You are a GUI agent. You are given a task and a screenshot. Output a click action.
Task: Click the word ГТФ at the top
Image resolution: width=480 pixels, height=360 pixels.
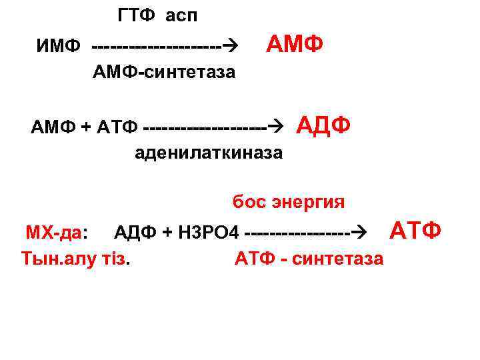coord(137,15)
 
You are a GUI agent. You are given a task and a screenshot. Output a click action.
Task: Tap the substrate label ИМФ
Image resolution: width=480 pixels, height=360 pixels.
coord(59,47)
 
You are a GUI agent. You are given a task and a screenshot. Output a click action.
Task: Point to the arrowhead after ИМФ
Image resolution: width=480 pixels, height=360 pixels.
coord(231,46)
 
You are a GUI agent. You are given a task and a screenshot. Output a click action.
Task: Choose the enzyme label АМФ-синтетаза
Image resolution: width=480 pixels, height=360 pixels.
coord(164,72)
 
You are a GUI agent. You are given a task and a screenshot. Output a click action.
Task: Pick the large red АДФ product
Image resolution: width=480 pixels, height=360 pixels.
coord(323,125)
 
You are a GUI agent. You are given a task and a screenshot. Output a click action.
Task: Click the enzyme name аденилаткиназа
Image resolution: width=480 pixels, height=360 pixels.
coord(209,153)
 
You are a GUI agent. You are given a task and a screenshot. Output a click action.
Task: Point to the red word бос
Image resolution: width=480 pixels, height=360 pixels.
coord(249,201)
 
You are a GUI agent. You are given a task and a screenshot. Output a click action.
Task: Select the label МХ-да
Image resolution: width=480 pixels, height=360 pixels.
coord(54,233)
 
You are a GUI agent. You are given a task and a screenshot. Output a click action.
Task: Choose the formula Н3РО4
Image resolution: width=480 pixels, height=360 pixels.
coord(207,233)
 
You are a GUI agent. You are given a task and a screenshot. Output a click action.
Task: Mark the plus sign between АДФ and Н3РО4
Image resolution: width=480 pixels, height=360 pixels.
coord(167,233)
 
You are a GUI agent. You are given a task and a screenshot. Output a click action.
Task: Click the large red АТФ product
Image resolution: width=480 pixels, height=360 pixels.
coord(415,231)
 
